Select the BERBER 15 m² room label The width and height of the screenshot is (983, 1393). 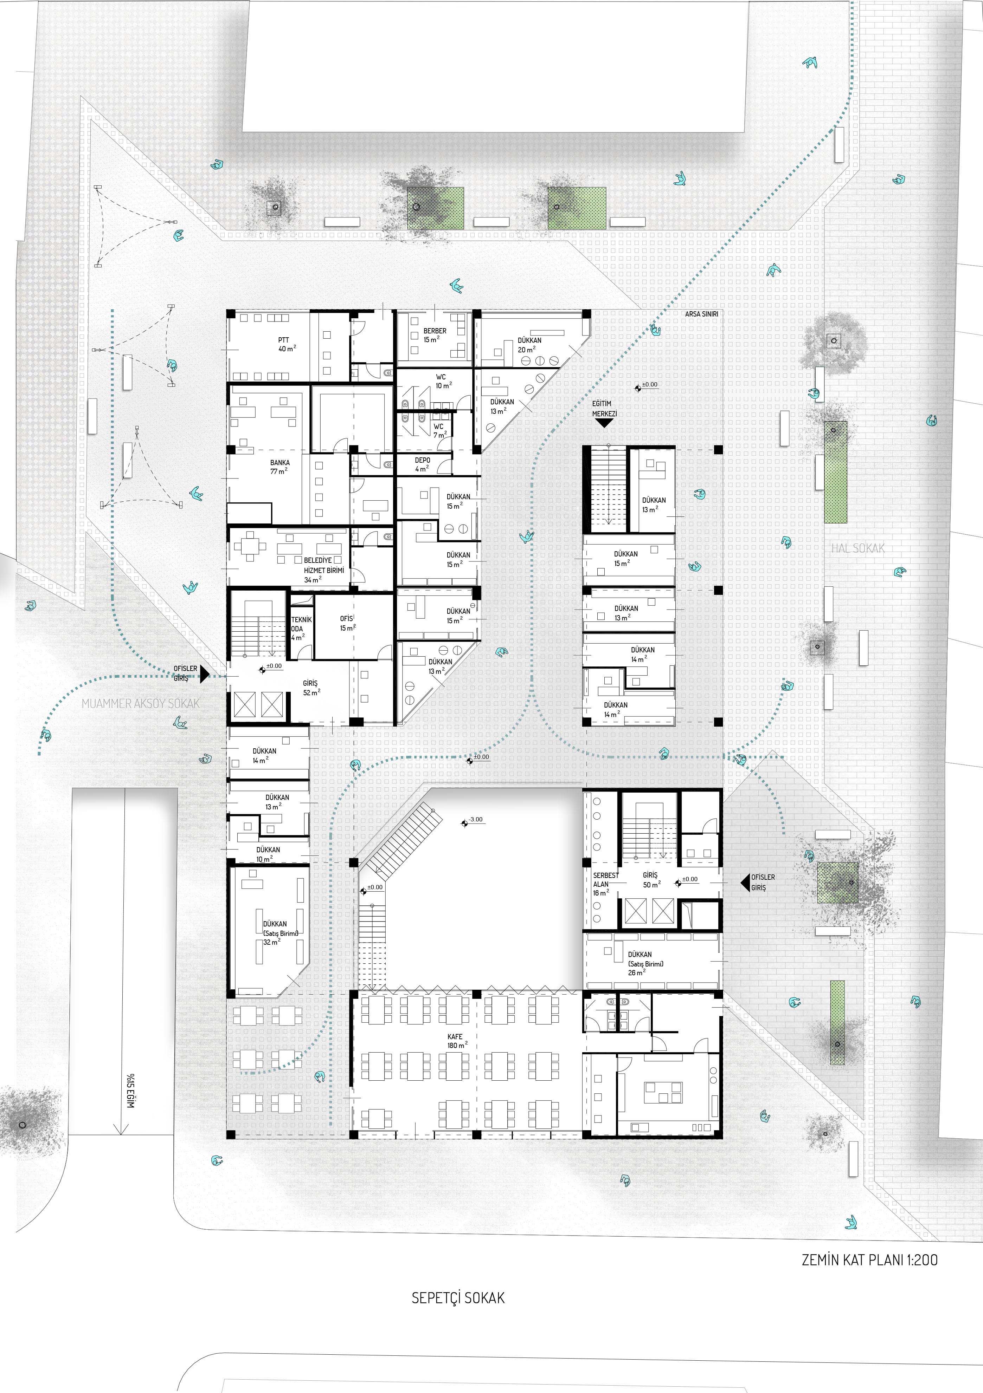click(x=434, y=335)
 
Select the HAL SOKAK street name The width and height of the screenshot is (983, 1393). click(x=857, y=548)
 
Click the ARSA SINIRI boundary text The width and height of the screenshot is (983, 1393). click(x=701, y=314)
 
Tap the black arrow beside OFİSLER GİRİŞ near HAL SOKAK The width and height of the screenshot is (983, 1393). click(x=745, y=882)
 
